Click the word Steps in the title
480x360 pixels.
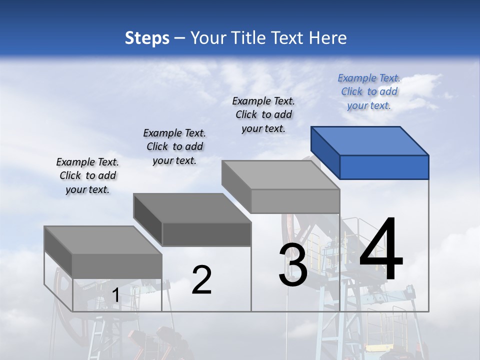[147, 38]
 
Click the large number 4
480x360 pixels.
[381, 250]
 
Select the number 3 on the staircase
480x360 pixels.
[293, 265]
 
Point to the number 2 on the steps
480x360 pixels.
[201, 280]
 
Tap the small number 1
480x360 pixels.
[115, 295]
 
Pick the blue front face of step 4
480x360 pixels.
[384, 167]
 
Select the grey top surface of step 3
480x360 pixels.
[280, 175]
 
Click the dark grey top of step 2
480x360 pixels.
[192, 208]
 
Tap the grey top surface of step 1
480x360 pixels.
[103, 240]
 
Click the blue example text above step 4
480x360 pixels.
[369, 92]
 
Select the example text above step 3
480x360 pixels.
[263, 114]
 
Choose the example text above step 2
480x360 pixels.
[174, 146]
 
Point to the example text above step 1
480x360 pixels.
[87, 175]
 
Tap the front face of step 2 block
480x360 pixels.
[206, 234]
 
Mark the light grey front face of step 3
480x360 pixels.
[295, 201]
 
